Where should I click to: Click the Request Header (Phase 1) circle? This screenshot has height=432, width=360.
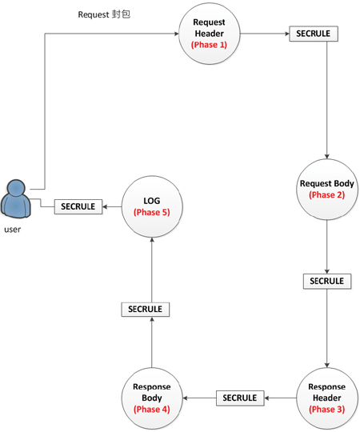coord(210,34)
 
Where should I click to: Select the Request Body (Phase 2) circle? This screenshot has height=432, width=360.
coord(327,190)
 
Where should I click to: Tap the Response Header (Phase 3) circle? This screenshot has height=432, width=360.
coord(327,398)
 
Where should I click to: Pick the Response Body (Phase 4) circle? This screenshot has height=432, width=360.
coord(152,398)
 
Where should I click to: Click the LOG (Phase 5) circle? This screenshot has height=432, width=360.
coord(152,206)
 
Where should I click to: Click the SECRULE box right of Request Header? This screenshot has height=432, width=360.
coord(314,34)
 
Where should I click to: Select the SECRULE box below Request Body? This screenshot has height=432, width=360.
coord(327,282)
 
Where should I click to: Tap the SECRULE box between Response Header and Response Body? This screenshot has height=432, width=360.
coord(240,398)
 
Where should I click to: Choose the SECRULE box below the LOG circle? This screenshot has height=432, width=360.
coord(145,310)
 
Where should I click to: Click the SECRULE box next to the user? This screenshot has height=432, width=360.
coord(78,206)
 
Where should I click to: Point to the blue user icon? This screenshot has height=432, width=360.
coord(16,198)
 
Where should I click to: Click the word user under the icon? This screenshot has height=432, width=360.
coord(12,230)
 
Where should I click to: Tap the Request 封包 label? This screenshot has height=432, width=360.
coord(104,14)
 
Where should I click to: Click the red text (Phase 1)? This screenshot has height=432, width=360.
coord(209,45)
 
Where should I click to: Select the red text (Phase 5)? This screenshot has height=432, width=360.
coord(152,213)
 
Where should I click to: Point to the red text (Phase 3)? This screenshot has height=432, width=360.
coord(327,410)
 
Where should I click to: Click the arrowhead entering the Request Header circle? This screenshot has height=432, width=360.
coord(177,34)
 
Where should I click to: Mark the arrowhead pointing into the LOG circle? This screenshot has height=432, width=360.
coord(152,240)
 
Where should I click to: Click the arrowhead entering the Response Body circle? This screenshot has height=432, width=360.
coord(185,398)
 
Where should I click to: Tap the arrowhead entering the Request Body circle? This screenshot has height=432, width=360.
coord(327,157)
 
